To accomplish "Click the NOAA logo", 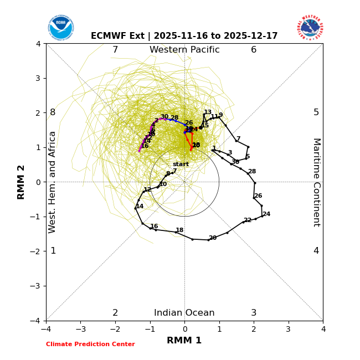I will coord(60,27).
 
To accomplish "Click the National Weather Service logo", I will coord(310,27).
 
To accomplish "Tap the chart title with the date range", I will coord(184,36).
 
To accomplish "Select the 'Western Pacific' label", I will coord(184,50).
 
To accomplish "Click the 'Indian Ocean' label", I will coord(184,313).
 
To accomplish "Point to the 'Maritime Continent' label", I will coord(316,182).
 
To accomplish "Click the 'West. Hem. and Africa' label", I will coord(53,182).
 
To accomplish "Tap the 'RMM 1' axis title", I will coord(184,341).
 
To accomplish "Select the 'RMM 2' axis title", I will coord(22,182).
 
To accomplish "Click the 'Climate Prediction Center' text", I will coord(90,344).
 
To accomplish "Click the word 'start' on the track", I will coord(181,164).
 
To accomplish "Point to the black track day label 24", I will coord(266,214).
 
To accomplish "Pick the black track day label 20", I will coord(213,238).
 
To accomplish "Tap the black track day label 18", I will coord(179,230).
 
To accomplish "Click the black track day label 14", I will coord(140,207).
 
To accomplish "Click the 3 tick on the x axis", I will coord(288,329).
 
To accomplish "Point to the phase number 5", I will coord(316,112).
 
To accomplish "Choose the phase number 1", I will coord(53,251).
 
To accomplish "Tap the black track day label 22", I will coord(248,220).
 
